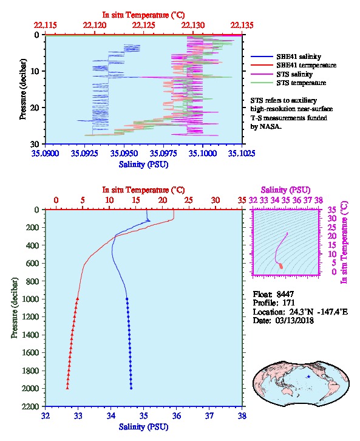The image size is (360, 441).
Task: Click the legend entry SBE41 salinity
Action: coord(299,56)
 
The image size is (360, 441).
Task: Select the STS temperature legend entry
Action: coord(301,83)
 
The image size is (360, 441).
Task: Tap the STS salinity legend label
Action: coord(294,74)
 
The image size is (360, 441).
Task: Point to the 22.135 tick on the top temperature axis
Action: coord(242,25)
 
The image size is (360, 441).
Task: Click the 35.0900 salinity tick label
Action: coord(46,153)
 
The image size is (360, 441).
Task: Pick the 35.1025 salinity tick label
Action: coord(242,153)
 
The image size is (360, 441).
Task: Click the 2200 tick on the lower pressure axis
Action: coord(30,406)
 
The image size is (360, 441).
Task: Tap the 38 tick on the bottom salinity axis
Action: coord(242,415)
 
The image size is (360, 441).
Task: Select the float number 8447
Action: coord(285,294)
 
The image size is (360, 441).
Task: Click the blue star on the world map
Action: coord(308,377)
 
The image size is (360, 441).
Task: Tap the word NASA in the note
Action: coord(270,126)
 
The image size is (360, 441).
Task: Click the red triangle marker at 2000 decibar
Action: coord(67,388)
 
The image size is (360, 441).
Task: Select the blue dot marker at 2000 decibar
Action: coord(131,388)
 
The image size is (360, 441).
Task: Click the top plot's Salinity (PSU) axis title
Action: coord(143,164)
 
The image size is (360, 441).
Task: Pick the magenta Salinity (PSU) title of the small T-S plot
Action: coord(285,190)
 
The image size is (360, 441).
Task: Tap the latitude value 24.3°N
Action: coord(299,312)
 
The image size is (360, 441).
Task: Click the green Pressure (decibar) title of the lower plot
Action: coord(15,308)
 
